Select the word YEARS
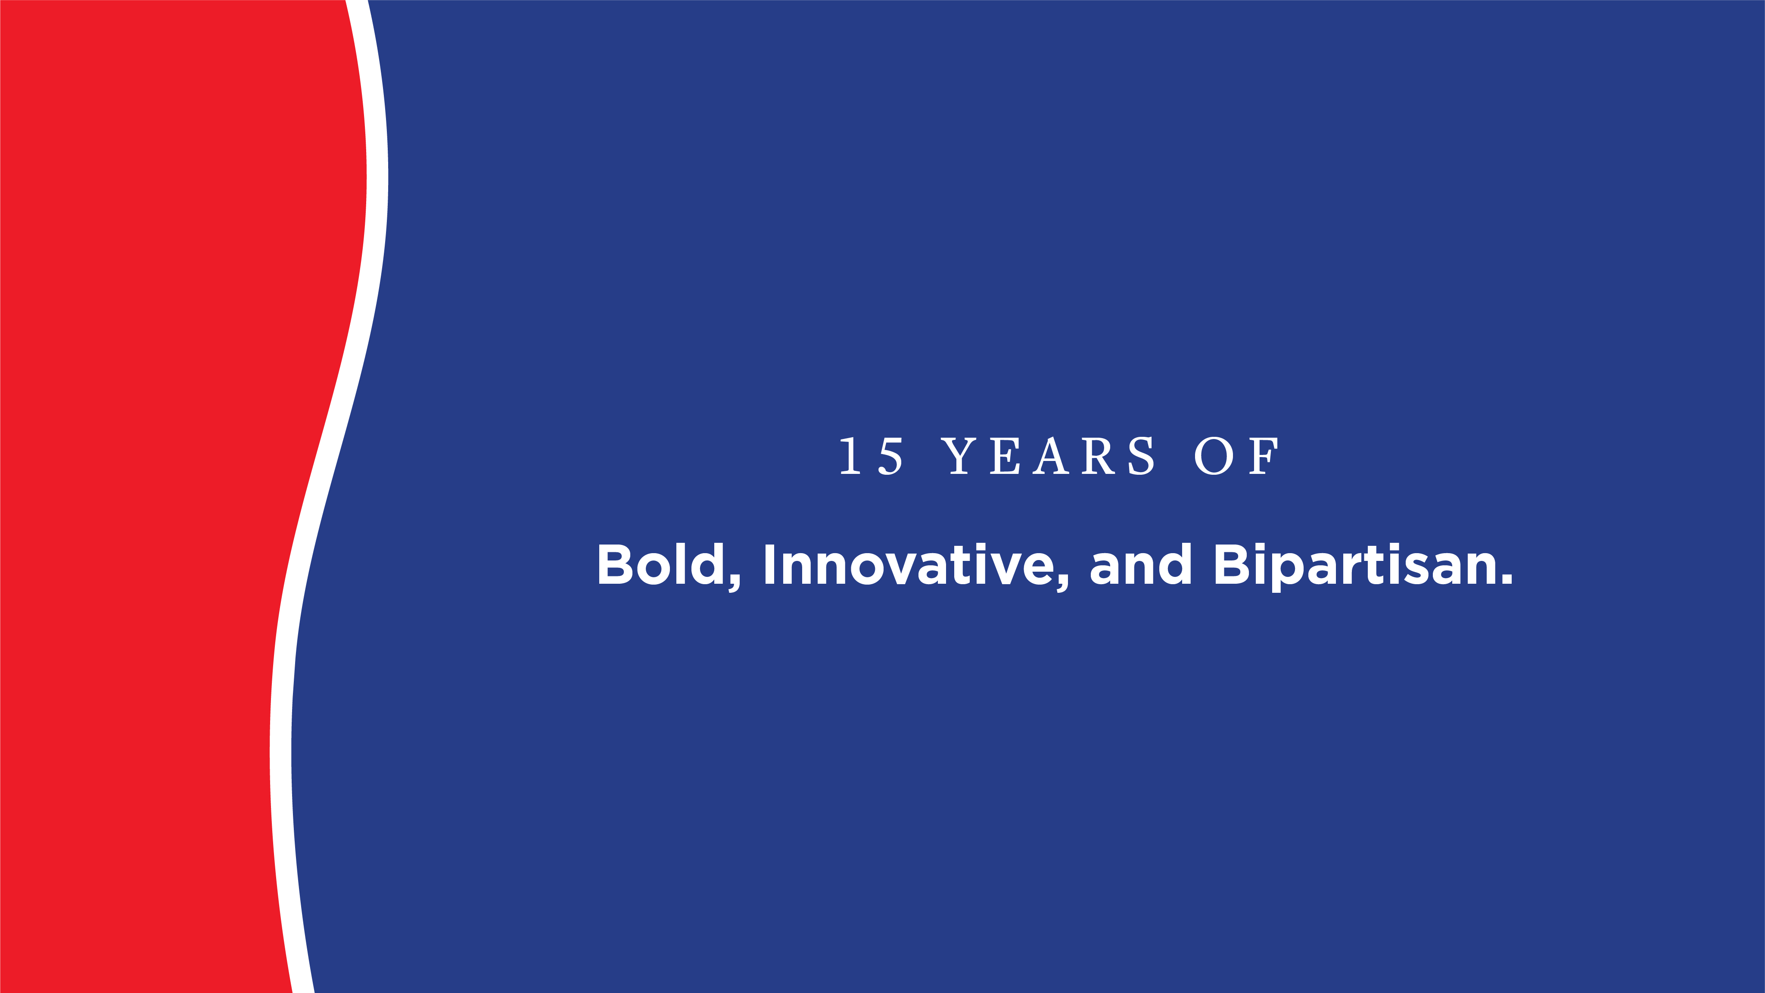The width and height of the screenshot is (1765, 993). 1048,456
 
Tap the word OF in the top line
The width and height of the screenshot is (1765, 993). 1236,456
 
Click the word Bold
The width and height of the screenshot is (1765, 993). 661,565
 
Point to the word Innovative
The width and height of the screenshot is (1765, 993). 908,565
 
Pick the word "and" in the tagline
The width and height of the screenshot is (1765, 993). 1141,565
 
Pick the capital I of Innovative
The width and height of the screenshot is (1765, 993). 769,565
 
